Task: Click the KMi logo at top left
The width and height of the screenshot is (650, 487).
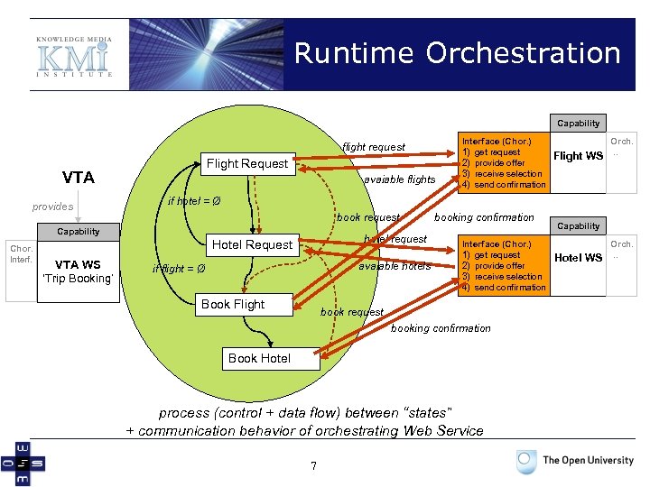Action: pos(75,56)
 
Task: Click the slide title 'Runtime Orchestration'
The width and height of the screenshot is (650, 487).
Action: pos(457,53)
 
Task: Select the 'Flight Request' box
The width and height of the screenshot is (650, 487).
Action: pos(247,163)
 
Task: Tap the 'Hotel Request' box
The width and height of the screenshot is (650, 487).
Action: pos(252,244)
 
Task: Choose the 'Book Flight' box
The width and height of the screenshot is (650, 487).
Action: pos(233,305)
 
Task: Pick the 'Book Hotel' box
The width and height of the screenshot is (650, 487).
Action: pos(259,358)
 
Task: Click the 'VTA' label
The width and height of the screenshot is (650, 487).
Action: pos(79,178)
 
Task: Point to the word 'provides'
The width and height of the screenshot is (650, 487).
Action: pos(53,207)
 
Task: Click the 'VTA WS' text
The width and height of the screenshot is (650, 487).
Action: pos(78,264)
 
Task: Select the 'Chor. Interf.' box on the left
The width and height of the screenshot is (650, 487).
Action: pos(20,255)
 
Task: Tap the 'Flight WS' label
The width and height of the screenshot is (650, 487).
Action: pos(578,156)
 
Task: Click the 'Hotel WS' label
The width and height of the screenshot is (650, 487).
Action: pos(578,258)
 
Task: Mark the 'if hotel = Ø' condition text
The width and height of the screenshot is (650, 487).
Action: pos(195,200)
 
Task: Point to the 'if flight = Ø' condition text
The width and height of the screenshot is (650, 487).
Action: pos(179,268)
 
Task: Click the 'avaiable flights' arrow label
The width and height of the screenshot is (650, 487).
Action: pos(399,179)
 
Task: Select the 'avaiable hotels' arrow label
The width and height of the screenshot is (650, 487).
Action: pos(395,267)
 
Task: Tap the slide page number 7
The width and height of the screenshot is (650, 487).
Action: pos(313,465)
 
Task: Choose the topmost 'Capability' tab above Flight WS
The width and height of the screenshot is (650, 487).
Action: pos(578,124)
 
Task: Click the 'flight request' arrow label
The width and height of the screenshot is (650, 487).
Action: pos(374,147)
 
